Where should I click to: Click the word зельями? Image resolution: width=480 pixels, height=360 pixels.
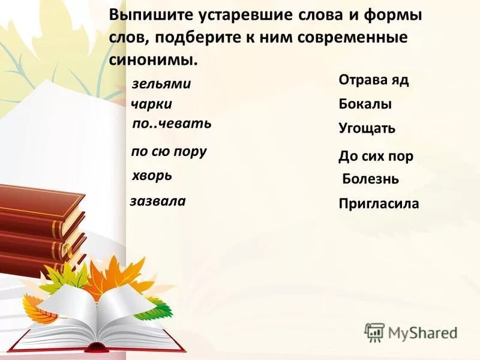[x=161, y=84]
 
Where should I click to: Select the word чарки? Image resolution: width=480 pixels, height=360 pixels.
[x=152, y=104]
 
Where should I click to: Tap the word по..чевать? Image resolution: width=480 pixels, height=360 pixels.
[x=172, y=124]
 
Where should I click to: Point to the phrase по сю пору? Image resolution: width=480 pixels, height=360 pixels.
[x=169, y=151]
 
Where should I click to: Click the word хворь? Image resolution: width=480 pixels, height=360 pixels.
[x=152, y=175]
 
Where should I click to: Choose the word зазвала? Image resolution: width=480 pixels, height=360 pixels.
[x=158, y=201]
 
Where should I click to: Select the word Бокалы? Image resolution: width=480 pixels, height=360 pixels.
[x=365, y=104]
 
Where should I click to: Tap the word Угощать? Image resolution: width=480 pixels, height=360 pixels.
[x=367, y=128]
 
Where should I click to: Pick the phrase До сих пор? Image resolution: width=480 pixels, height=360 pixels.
[x=376, y=157]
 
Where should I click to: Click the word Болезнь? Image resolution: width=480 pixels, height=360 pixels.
[x=370, y=179]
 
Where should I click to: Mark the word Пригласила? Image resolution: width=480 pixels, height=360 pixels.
[x=379, y=204]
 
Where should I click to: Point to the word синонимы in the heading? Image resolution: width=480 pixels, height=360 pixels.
[x=153, y=59]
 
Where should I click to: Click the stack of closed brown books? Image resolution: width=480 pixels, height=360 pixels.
[x=42, y=228]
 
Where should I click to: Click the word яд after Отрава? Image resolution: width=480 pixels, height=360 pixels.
[x=400, y=80]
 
